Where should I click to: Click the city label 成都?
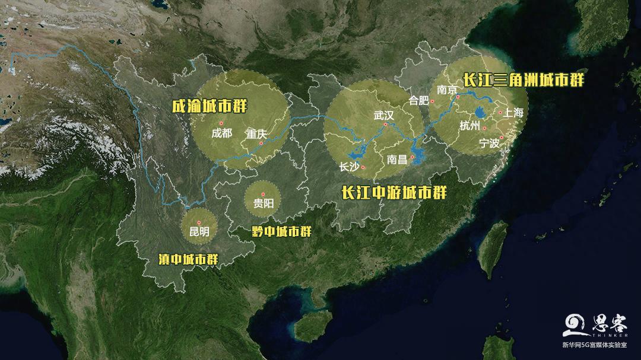222,133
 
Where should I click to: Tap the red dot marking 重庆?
261,142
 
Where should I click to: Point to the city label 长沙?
348,167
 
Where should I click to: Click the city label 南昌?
397,160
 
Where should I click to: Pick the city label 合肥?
419,100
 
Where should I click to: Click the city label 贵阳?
263,203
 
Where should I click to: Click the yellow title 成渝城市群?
209,107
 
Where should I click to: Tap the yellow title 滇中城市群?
188,259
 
